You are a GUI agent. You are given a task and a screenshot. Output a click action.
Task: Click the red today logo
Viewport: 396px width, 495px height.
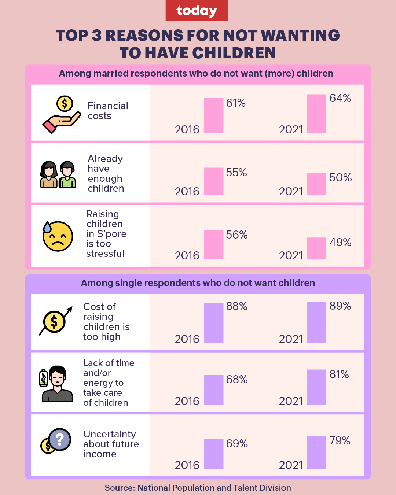[197, 11]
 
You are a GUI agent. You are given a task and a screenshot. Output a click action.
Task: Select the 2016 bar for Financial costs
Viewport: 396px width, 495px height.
[214, 115]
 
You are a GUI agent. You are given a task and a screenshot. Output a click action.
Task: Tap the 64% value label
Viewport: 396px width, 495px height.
[340, 98]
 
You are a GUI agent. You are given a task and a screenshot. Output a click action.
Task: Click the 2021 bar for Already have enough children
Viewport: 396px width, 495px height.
[316, 184]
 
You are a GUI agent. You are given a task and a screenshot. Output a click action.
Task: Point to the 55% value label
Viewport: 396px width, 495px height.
[236, 173]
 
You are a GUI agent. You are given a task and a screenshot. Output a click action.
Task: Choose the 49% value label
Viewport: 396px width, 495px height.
[340, 243]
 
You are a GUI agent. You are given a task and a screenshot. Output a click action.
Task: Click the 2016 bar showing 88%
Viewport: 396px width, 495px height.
[214, 322]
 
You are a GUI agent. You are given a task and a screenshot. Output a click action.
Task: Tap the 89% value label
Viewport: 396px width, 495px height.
[340, 306]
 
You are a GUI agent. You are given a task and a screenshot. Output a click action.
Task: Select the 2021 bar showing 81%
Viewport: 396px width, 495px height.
[316, 387]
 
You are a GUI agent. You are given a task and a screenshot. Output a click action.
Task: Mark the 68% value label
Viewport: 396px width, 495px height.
[237, 380]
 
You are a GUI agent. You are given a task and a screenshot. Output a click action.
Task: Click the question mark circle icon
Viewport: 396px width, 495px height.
[60, 439]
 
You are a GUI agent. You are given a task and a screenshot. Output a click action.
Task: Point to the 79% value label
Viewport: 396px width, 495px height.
[340, 441]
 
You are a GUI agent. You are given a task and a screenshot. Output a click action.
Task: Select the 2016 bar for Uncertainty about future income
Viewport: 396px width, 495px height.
[214, 454]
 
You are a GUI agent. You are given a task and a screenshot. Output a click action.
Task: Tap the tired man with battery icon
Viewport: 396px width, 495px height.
[56, 384]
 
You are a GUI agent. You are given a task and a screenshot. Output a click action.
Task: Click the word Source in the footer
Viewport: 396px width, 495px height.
[119, 488]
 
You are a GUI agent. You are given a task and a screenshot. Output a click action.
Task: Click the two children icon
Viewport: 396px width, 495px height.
[58, 174]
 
